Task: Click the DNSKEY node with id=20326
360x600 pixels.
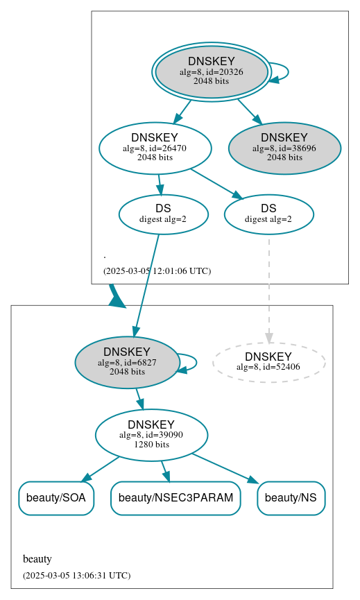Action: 212,72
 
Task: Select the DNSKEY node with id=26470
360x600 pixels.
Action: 155,148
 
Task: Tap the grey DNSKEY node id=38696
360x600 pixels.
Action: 284,148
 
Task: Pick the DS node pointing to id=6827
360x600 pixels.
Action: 163,214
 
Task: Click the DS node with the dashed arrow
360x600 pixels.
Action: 268,214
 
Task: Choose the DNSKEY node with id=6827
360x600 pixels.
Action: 127,362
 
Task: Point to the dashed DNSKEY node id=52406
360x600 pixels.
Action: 268,362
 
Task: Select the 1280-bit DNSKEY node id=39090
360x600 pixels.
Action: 151,435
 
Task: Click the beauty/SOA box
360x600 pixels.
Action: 55,498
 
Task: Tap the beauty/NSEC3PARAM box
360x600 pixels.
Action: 175,498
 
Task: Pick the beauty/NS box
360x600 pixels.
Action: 291,498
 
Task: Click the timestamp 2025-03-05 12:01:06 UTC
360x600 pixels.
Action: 157,271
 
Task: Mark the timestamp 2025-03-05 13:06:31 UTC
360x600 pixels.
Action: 76,576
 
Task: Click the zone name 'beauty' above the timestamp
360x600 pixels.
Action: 37,559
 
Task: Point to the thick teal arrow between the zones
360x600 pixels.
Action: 116,296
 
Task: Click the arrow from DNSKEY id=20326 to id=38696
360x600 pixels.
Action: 249,111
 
